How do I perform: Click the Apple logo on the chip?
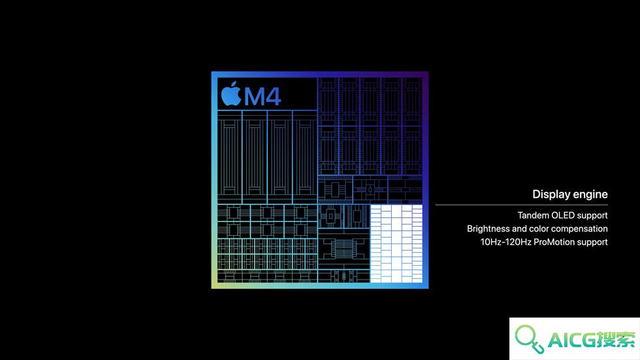click(x=231, y=94)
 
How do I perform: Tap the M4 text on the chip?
click(x=263, y=97)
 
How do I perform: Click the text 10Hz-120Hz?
click(x=505, y=242)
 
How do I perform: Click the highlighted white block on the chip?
click(x=396, y=244)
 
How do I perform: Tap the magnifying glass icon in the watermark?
click(x=529, y=338)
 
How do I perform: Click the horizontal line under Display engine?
click(x=522, y=205)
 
